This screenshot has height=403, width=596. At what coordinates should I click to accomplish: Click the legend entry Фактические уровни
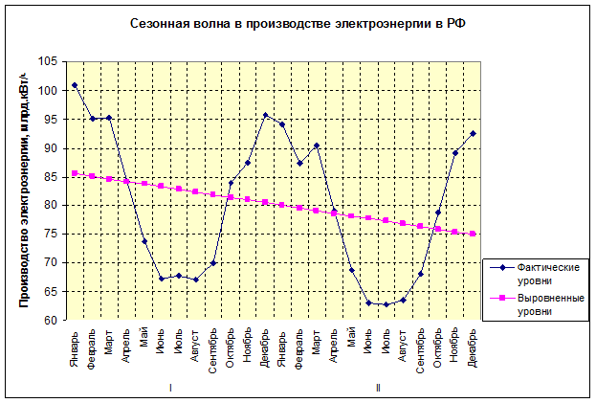pyautogui.click(x=544, y=272)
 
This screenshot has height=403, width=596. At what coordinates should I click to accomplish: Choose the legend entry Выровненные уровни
pyautogui.click(x=544, y=303)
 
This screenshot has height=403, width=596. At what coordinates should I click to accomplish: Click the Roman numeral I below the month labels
pyautogui.click(x=170, y=388)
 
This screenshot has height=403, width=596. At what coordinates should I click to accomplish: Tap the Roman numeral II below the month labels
pyautogui.click(x=378, y=388)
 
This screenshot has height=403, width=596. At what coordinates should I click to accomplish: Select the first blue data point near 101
pyautogui.click(x=75, y=85)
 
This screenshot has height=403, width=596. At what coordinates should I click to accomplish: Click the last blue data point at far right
pyautogui.click(x=474, y=133)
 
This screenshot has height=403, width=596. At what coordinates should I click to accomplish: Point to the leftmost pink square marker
pyautogui.click(x=75, y=173)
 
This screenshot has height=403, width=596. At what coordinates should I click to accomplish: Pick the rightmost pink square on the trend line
pyautogui.click(x=474, y=234)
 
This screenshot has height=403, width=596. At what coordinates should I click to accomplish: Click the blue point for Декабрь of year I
pyautogui.click(x=265, y=115)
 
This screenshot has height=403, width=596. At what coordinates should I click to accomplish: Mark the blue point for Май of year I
pyautogui.click(x=143, y=241)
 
